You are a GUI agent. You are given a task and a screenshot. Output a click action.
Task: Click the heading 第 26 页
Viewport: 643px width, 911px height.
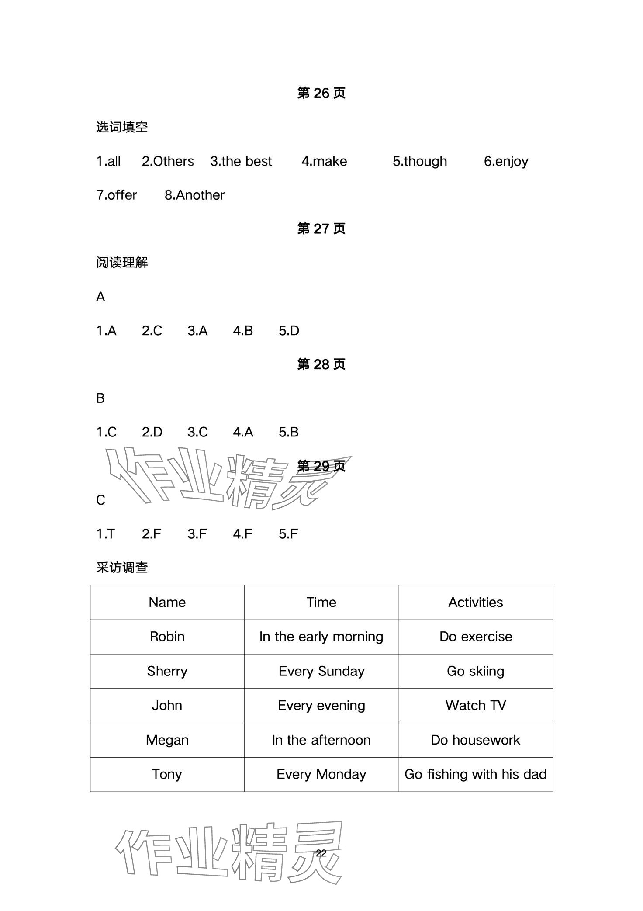click(321, 93)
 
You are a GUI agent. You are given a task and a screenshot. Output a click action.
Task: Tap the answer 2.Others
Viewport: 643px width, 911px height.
click(168, 161)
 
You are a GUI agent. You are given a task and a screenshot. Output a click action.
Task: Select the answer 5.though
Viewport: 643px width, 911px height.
click(419, 161)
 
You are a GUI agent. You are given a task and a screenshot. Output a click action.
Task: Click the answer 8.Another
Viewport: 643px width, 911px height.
click(194, 195)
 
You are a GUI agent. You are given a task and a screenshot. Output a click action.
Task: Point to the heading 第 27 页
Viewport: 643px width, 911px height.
click(321, 229)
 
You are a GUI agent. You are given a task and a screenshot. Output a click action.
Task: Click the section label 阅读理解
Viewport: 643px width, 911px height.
click(122, 263)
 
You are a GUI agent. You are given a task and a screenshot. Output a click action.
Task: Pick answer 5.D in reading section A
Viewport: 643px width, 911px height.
click(289, 331)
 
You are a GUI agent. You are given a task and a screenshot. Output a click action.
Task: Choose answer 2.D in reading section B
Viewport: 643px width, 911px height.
click(152, 432)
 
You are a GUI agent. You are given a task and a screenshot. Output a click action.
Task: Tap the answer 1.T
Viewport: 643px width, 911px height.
click(106, 533)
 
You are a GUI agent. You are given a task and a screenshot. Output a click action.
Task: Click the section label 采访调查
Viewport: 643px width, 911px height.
click(122, 568)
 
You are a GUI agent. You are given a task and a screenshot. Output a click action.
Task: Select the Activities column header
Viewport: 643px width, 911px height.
click(475, 602)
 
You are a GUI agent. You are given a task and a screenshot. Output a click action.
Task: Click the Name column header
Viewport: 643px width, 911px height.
click(167, 602)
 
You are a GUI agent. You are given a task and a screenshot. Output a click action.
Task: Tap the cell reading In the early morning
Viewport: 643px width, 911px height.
click(321, 637)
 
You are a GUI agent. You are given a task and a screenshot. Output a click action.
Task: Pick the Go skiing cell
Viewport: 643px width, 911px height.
click(475, 671)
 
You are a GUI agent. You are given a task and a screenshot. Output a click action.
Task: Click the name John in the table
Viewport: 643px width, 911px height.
click(167, 705)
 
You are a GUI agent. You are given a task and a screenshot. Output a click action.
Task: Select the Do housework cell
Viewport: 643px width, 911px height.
click(475, 740)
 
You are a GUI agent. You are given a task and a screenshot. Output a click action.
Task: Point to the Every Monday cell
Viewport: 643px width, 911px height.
click(321, 774)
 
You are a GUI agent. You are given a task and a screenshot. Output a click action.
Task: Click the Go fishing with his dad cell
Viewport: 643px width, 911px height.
click(475, 774)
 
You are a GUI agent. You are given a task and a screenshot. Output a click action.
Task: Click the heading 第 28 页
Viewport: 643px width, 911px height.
click(321, 364)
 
